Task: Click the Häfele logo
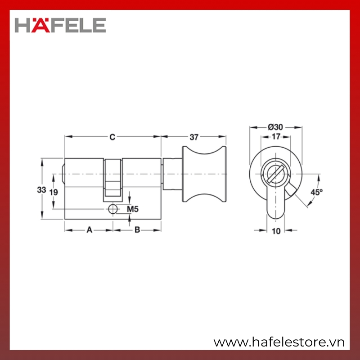point(60,25)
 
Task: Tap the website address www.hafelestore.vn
point(279,342)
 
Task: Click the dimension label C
point(112,137)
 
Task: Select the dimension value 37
point(194,137)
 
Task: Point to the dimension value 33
point(41,190)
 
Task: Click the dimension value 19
point(54,192)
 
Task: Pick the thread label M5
point(133,209)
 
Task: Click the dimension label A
point(89,229)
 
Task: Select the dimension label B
point(137,229)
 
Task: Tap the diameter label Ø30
point(275,127)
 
